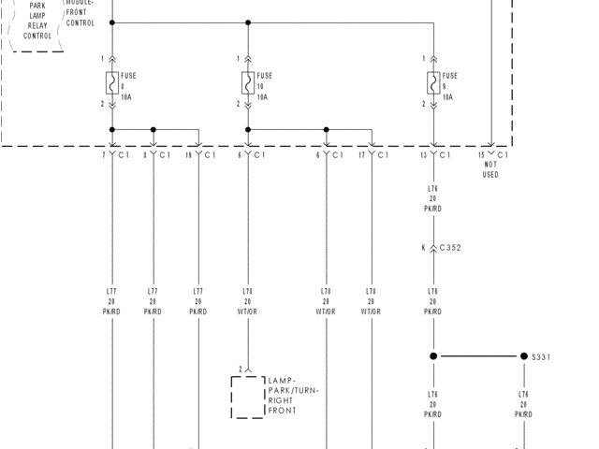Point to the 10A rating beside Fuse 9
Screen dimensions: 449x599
[448, 96]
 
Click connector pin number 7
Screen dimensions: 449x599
[105, 154]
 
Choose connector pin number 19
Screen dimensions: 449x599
[190, 154]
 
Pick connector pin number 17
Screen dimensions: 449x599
[361, 154]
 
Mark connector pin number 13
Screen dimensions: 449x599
[423, 154]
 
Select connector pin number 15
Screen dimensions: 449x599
[482, 154]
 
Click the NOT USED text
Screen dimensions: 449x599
[490, 169]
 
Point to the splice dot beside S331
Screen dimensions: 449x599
[524, 356]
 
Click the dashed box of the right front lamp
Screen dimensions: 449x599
[248, 398]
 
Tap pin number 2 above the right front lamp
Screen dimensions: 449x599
[241, 369]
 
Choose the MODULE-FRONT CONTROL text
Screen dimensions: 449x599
[80, 13]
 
